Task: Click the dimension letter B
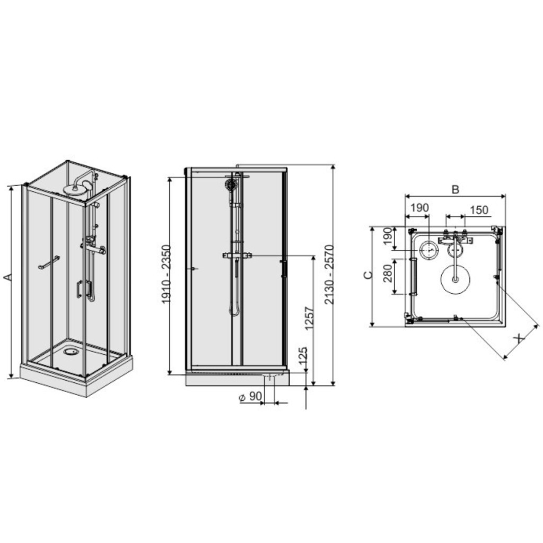coord(456,189)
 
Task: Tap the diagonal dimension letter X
coord(519,338)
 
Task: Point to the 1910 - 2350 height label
coord(167,274)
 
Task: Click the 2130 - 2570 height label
coord(329,275)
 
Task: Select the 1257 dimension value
coord(309,317)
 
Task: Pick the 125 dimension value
coord(303,356)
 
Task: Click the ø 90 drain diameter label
coord(250,397)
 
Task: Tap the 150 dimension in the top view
coord(479,210)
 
